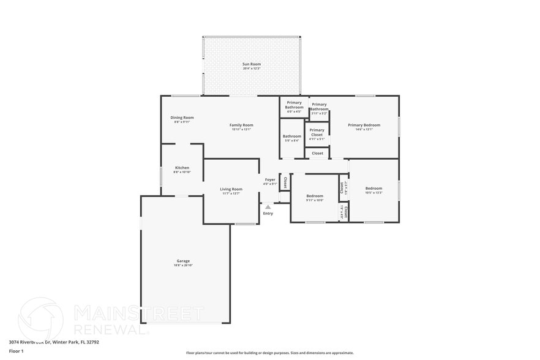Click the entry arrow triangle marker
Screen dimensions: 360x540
pyautogui.click(x=268, y=207)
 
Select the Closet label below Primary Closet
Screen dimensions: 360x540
pyautogui.click(x=317, y=153)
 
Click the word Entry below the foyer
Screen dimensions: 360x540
pyautogui.click(x=268, y=213)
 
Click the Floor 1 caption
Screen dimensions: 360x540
pyautogui.click(x=16, y=351)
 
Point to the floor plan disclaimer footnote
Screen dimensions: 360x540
pyautogui.click(x=269, y=353)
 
